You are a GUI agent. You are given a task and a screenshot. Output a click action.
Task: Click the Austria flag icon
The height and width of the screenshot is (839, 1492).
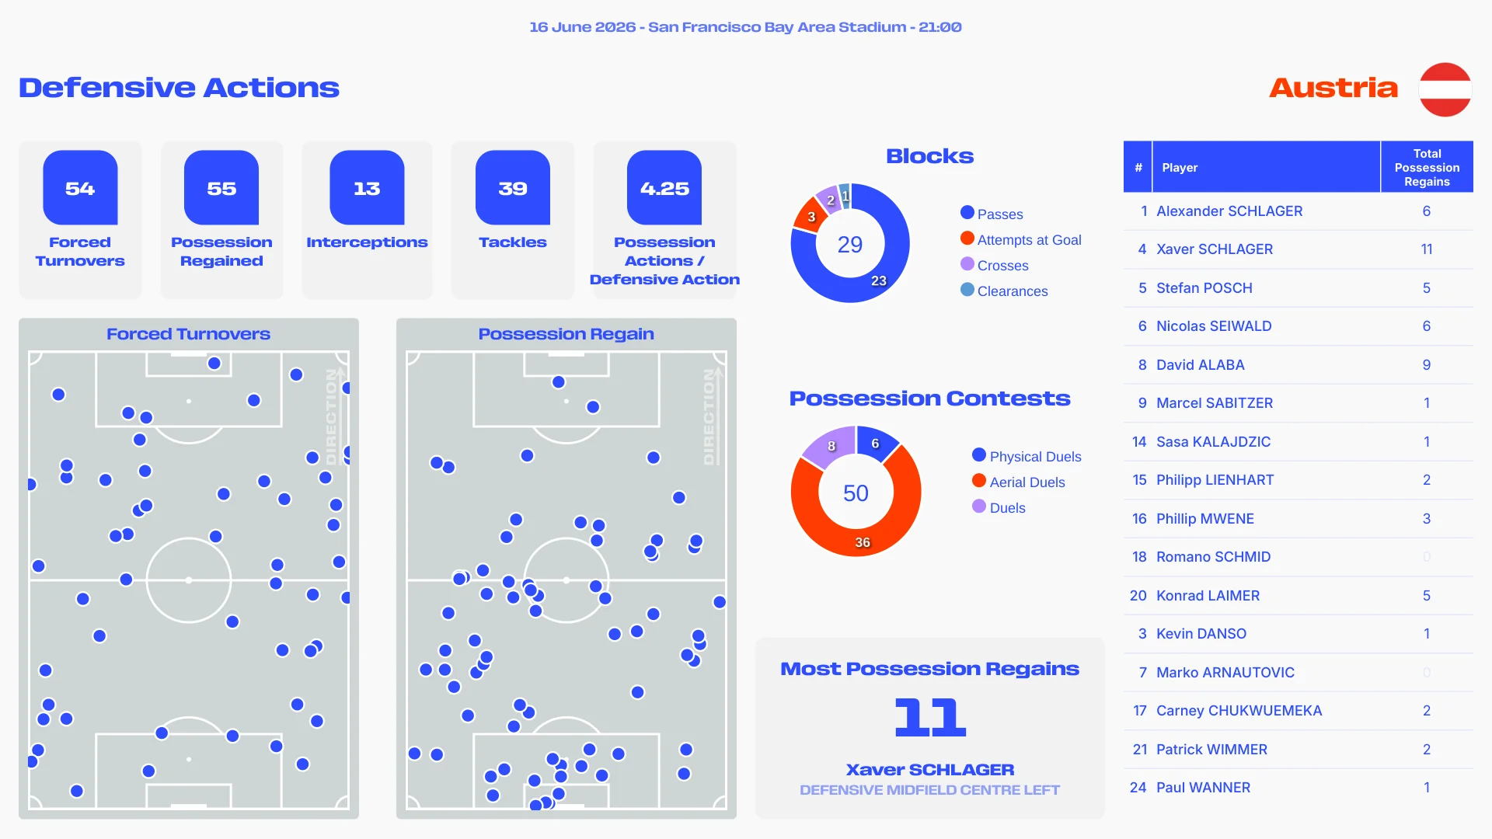click(1445, 89)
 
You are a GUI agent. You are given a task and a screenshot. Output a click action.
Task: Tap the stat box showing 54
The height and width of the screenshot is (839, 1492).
click(80, 188)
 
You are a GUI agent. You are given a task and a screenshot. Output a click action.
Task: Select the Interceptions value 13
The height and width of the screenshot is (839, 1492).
click(367, 188)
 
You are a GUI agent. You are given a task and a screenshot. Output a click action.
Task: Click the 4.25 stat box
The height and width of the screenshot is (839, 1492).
click(664, 188)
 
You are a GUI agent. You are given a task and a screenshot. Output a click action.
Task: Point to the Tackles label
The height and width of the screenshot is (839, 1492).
click(513, 242)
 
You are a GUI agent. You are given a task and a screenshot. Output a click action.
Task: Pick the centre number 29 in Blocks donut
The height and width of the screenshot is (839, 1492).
click(850, 245)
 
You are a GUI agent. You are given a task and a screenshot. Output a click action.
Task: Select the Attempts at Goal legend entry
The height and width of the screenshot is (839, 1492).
click(1021, 239)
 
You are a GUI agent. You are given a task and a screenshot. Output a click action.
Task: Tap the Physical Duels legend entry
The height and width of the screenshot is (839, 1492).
click(1027, 456)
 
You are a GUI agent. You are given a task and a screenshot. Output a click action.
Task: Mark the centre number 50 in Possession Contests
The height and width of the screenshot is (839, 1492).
click(856, 493)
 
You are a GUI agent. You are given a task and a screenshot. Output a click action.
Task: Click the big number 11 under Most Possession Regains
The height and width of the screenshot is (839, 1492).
click(930, 717)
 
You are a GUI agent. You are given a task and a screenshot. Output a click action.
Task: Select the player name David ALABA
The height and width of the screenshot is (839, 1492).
click(1201, 364)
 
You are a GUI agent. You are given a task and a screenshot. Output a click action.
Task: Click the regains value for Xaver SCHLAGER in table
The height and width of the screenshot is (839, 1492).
click(1427, 249)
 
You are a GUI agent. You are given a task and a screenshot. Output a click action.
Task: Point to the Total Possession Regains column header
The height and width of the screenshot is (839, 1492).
click(1427, 167)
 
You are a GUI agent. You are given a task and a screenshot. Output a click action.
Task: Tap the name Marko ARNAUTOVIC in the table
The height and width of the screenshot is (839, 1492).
click(1225, 672)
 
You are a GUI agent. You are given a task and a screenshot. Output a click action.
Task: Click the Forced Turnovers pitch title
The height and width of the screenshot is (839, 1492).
click(188, 334)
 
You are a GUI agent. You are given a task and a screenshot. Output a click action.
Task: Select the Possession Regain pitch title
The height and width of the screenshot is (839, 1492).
click(566, 334)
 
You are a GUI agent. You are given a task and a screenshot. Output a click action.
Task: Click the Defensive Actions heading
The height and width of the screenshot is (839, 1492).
click(179, 88)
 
